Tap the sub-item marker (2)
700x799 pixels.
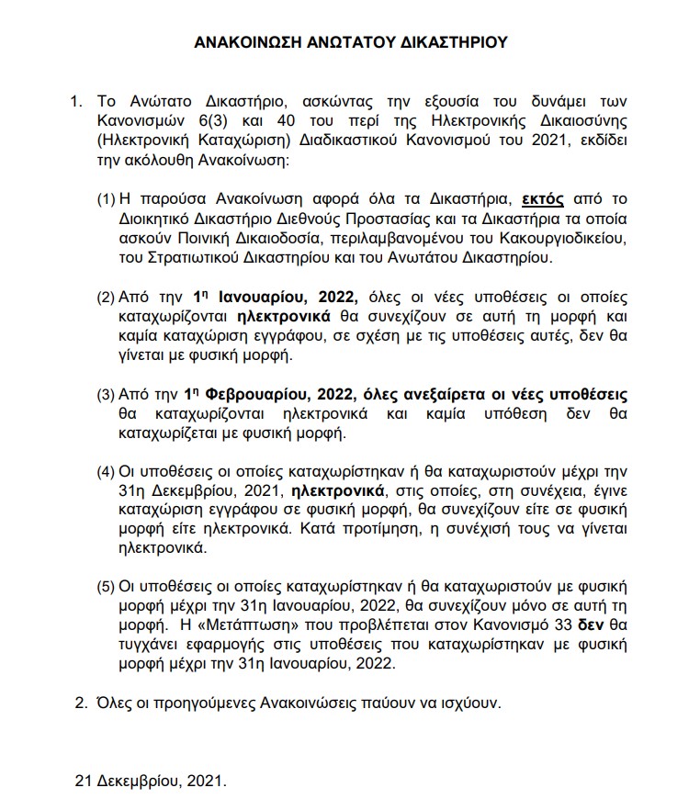tap(106, 298)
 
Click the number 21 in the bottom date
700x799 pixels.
tap(83, 782)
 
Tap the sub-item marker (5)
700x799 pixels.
tap(106, 585)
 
